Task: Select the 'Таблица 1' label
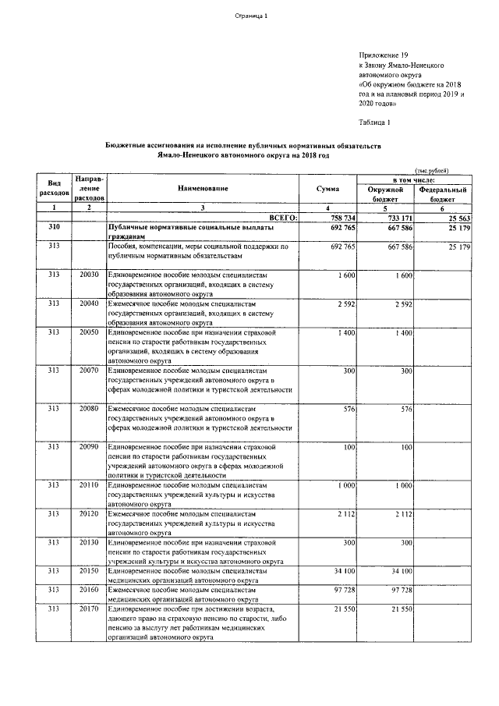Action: tap(374, 122)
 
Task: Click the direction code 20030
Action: tap(90, 275)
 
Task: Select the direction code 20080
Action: tap(90, 408)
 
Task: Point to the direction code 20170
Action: tap(90, 608)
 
